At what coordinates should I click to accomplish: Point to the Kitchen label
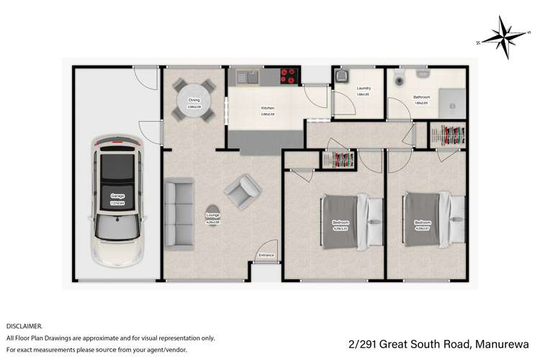click(x=268, y=108)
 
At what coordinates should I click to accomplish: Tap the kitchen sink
click(x=248, y=74)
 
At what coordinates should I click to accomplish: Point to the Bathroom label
click(x=422, y=97)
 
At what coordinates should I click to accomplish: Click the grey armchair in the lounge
click(x=242, y=191)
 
